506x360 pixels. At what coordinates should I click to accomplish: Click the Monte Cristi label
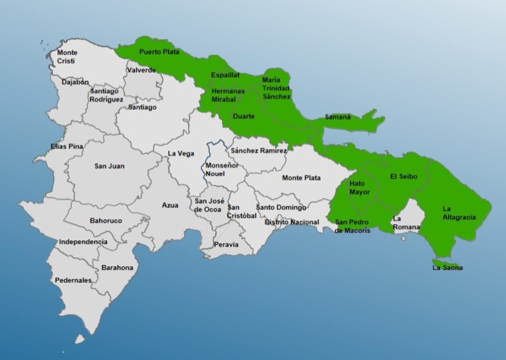click(x=67, y=57)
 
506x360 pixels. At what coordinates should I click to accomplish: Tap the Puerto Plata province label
click(x=159, y=52)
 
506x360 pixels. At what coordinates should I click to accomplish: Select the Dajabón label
click(x=75, y=82)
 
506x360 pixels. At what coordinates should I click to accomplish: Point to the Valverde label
click(x=141, y=70)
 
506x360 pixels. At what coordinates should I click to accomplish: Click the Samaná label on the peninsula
click(x=337, y=117)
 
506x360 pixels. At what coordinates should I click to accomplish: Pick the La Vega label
click(x=181, y=153)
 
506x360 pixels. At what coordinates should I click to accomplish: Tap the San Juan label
click(x=109, y=166)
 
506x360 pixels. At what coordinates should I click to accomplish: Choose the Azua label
click(x=170, y=205)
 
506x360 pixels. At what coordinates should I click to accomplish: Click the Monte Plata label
click(x=301, y=178)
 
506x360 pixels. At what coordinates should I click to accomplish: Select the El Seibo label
click(x=403, y=176)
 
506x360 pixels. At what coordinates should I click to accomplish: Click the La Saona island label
click(x=447, y=268)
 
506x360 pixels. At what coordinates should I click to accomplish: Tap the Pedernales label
click(x=73, y=280)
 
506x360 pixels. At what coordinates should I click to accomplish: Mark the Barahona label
click(x=117, y=268)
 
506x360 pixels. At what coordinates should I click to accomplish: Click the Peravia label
click(x=226, y=244)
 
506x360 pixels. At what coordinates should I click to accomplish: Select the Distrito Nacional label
click(x=291, y=222)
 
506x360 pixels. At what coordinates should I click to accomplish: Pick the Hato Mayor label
click(x=359, y=188)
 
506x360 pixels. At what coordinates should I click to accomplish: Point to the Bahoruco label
click(x=106, y=220)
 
